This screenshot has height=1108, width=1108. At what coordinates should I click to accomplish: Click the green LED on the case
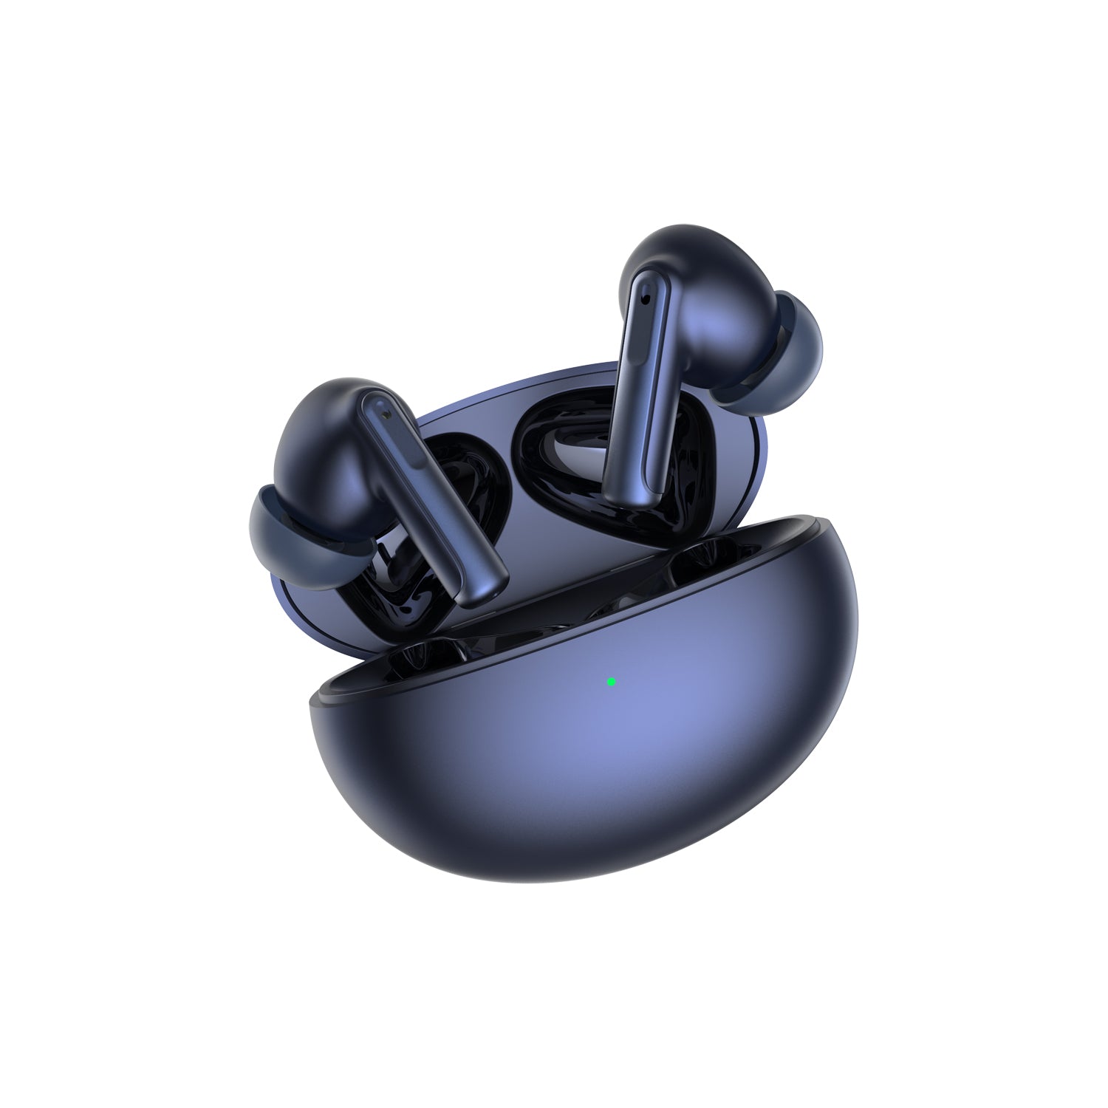click(611, 682)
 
